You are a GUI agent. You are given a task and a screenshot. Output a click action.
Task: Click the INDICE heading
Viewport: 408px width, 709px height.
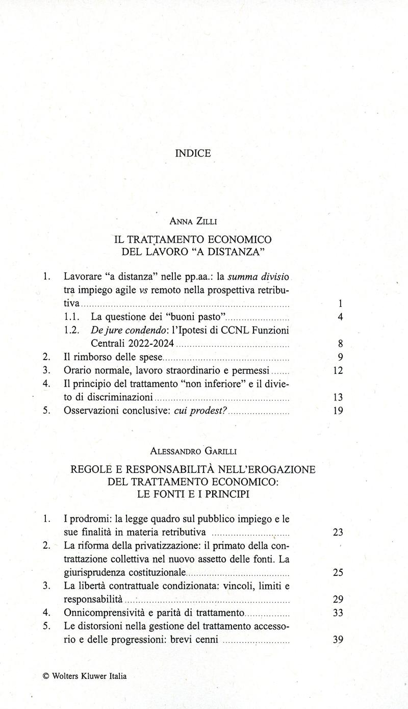tap(193, 154)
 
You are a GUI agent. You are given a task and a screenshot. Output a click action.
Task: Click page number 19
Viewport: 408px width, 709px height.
tap(337, 410)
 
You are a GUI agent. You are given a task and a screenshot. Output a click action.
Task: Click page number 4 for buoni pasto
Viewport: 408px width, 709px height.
tap(340, 317)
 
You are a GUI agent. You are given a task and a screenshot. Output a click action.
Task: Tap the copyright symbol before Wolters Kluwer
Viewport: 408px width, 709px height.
tap(46, 676)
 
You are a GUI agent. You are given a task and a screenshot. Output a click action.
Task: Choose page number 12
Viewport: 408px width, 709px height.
tap(337, 370)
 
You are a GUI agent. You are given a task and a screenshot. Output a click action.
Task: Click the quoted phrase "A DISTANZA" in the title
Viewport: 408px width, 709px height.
tap(233, 251)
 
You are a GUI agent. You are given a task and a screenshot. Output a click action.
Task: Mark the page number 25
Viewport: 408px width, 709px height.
tap(337, 572)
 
